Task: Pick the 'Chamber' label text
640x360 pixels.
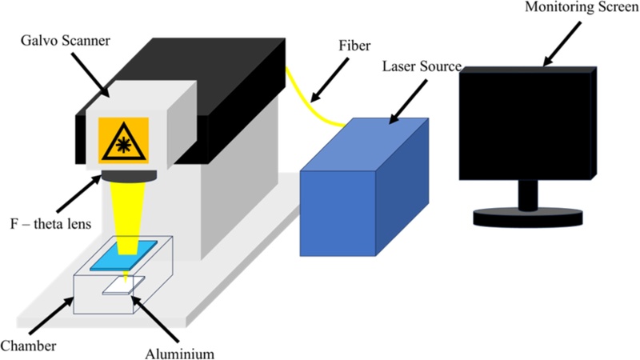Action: pos(25,346)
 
